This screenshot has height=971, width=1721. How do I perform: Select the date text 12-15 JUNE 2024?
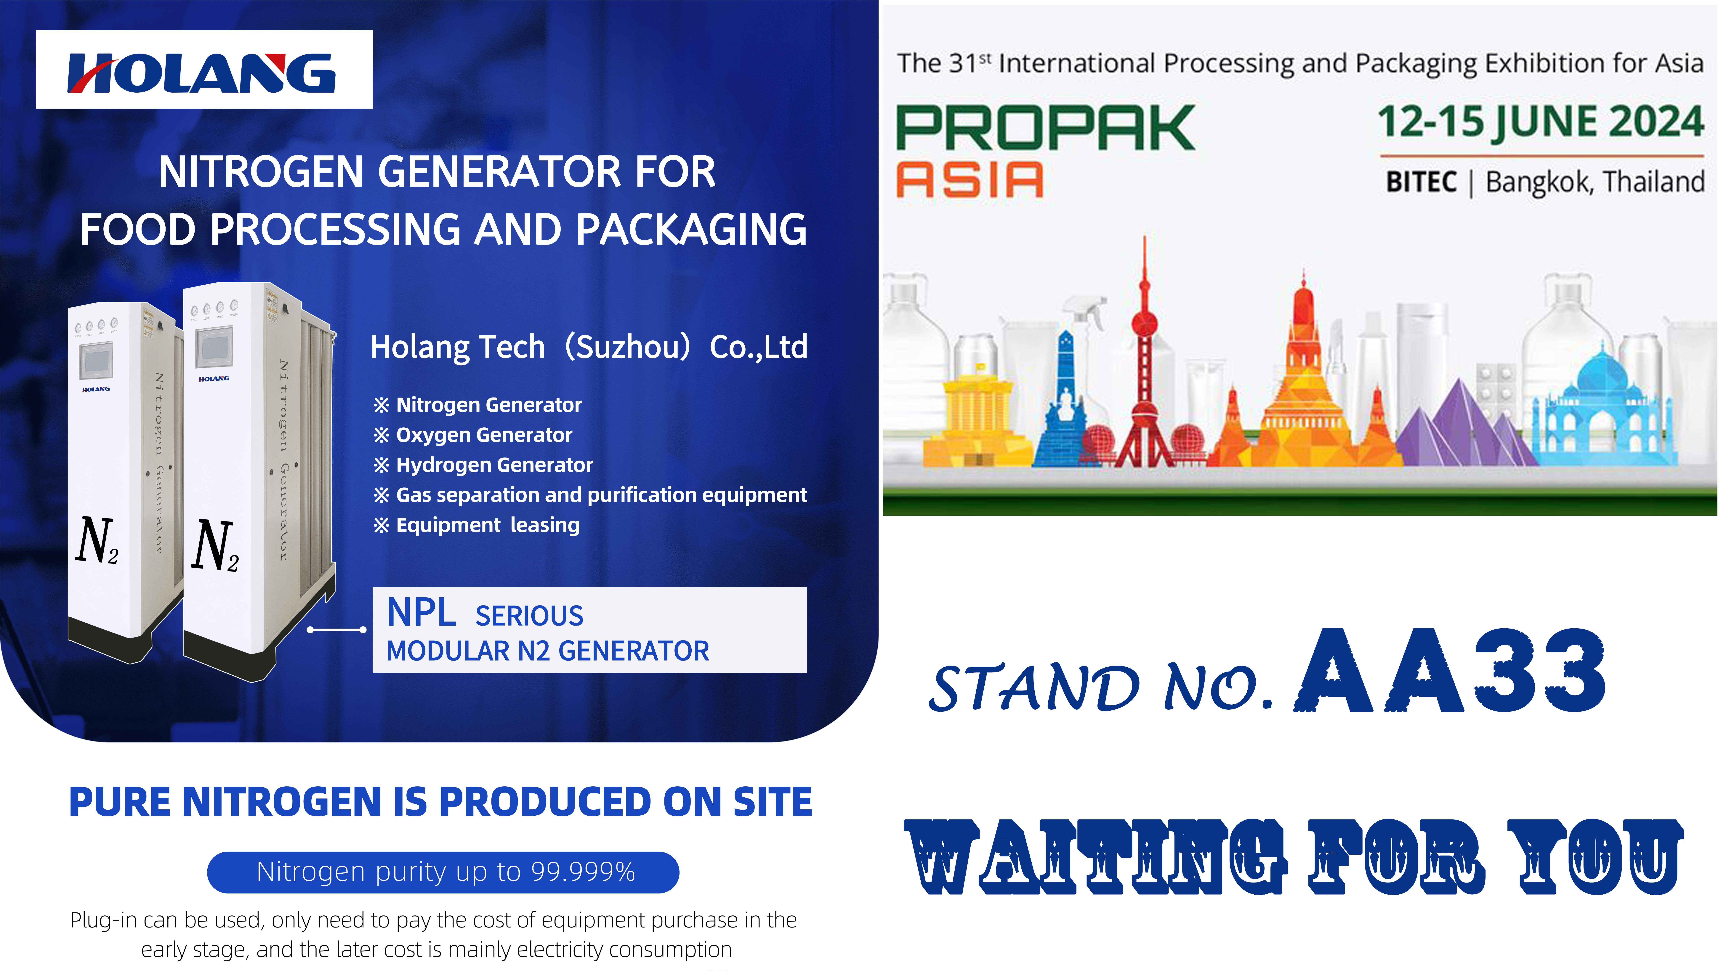click(x=1541, y=122)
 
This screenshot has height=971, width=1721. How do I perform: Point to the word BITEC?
click(x=1421, y=182)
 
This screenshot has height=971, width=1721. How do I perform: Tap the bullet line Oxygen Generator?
click(x=473, y=435)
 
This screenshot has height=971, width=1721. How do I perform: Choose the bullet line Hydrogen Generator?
click(x=483, y=465)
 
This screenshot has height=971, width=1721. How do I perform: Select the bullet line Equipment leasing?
click(x=476, y=525)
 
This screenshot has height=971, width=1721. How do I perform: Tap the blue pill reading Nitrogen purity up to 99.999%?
click(x=443, y=872)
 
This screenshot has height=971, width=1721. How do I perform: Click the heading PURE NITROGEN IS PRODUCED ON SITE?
click(x=440, y=801)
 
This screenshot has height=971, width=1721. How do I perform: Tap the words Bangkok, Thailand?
click(x=1595, y=182)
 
